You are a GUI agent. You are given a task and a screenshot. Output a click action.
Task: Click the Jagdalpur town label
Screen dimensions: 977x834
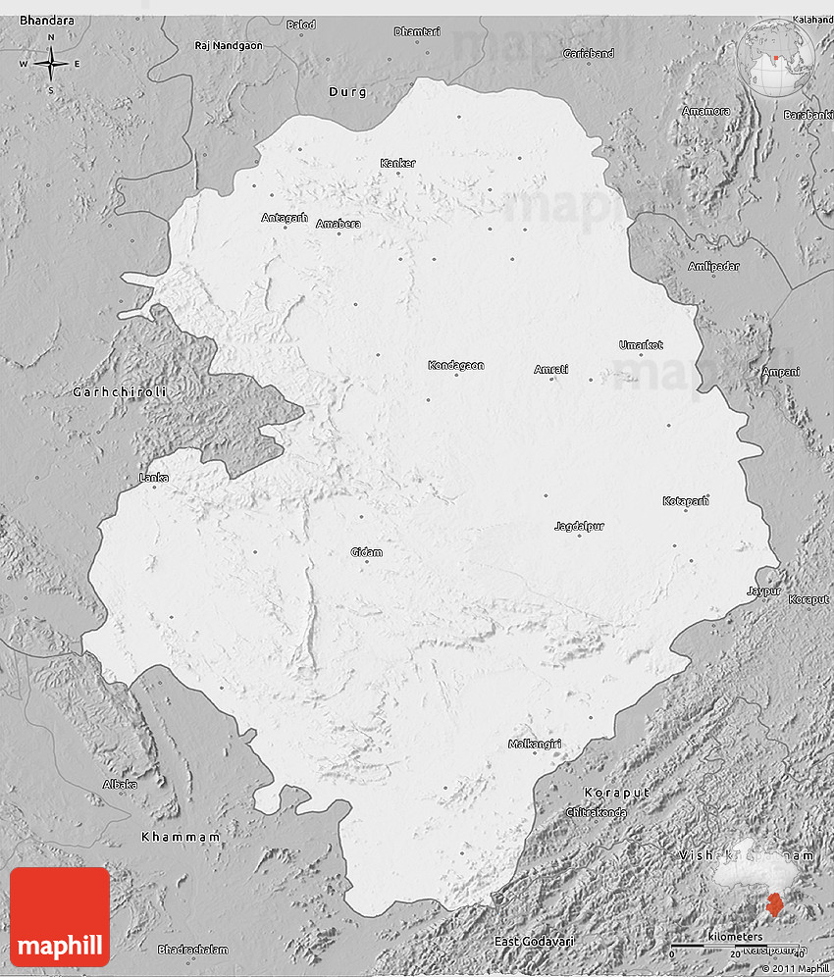coord(579,526)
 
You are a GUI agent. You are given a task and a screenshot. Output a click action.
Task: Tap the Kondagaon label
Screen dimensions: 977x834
coord(455,366)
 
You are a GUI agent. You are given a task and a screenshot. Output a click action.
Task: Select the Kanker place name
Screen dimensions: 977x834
coord(397,163)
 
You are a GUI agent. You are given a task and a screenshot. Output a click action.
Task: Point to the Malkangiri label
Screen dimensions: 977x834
coord(535,745)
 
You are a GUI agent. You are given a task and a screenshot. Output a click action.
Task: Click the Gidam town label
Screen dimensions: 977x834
coord(366,552)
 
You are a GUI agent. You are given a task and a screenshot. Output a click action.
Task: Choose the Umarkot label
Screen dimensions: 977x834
coord(641,344)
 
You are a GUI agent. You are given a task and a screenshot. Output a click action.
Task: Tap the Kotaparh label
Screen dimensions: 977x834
coord(685,501)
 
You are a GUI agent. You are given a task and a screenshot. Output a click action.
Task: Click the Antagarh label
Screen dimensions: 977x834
coord(285,218)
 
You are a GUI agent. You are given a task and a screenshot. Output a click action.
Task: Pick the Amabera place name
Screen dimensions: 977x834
coord(338,224)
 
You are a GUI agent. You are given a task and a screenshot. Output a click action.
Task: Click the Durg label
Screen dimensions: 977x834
coord(347,92)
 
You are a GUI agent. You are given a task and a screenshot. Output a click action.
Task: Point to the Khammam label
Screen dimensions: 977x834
coord(181,837)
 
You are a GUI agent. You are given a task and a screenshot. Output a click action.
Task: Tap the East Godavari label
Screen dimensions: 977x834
coord(534,942)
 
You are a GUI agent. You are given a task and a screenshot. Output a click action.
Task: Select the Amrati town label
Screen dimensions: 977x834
coord(550,369)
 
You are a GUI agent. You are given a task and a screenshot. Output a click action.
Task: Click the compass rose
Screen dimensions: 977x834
coord(50,64)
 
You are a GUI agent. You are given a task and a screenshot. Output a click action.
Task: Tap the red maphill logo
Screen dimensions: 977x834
coord(60,917)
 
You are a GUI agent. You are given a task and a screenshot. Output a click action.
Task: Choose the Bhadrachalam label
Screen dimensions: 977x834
coord(192,950)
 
